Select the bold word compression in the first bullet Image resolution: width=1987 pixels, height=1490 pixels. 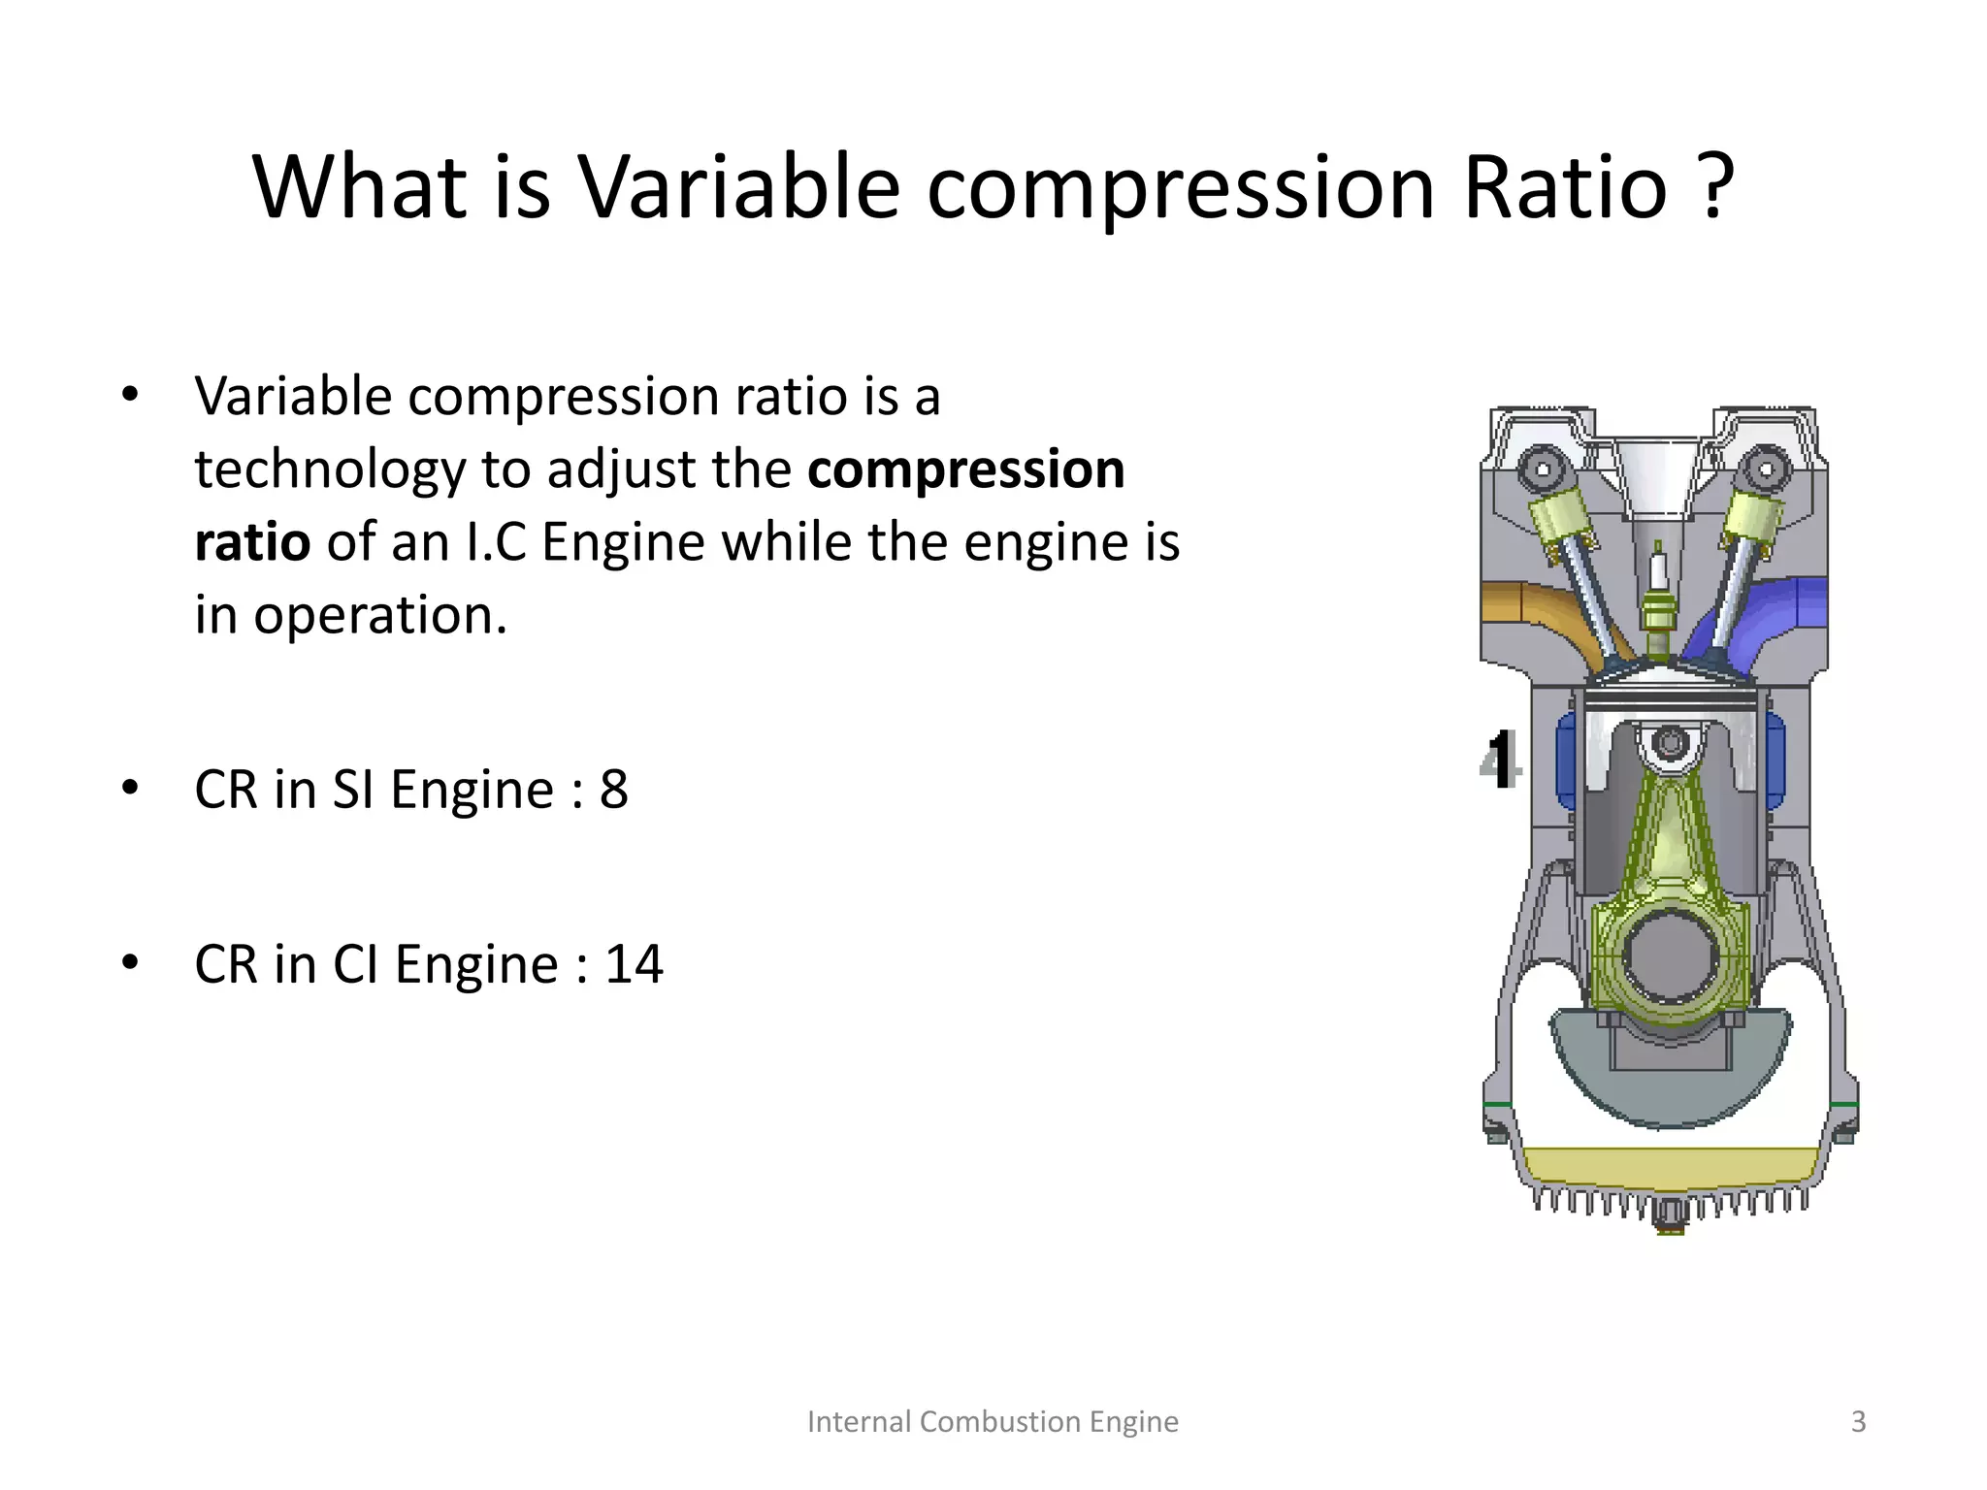pos(965,470)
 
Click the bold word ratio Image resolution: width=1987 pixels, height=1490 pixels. pos(251,542)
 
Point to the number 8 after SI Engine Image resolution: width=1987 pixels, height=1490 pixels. pos(613,790)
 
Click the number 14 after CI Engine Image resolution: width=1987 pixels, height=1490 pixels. pos(634,965)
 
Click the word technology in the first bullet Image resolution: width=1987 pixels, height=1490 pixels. pos(330,471)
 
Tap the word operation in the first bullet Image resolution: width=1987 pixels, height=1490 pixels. pos(379,616)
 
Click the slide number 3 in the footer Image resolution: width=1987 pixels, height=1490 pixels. pos(1858,1422)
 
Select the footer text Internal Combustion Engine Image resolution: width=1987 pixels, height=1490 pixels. pos(993,1422)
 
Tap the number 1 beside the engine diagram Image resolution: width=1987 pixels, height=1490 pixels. pos(1502,761)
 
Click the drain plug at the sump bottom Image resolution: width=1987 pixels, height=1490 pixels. pos(1670,1216)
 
